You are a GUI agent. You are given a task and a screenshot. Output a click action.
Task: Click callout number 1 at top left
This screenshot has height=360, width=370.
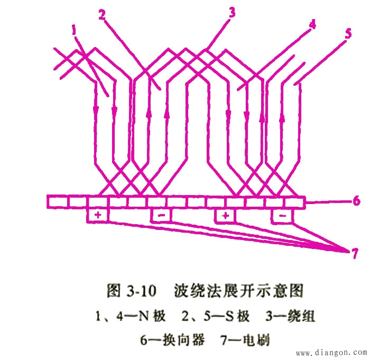[x=75, y=31]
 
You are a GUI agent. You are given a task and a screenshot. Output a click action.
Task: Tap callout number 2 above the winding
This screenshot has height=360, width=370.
[x=102, y=15]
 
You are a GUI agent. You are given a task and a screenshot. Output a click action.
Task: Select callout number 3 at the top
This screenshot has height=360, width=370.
[x=232, y=12]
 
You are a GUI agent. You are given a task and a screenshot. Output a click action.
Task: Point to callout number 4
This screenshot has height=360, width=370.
[x=312, y=24]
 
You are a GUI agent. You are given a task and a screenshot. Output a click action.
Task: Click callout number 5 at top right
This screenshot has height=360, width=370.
[x=348, y=33]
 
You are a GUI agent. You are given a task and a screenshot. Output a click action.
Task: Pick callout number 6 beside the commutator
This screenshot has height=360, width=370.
[x=356, y=201]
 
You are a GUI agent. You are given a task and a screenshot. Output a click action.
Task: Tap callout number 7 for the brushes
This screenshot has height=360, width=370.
[x=355, y=253]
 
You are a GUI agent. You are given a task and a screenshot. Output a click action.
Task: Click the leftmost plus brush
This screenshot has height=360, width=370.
[x=98, y=215]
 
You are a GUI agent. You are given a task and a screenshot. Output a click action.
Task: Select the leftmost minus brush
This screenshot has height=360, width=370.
[x=161, y=215]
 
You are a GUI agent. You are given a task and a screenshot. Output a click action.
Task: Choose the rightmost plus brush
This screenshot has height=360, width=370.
[x=226, y=216]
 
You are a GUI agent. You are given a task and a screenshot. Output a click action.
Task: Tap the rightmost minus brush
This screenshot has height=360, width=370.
[x=283, y=216]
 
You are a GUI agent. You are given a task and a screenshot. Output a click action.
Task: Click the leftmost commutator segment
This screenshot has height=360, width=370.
[x=57, y=201]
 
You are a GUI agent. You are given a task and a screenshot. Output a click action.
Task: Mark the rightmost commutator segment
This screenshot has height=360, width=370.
[x=295, y=202]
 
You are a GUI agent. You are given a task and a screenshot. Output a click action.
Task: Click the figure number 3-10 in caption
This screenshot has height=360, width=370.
[x=141, y=291]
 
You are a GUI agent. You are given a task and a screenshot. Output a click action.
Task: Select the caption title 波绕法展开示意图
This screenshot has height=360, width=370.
[x=238, y=291]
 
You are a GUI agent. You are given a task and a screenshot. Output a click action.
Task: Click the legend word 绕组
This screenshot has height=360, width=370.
[x=301, y=316]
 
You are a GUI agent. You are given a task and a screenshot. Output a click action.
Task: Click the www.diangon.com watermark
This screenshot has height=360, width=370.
[x=331, y=353]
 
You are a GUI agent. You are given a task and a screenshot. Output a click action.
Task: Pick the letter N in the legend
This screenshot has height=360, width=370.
[x=144, y=316]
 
